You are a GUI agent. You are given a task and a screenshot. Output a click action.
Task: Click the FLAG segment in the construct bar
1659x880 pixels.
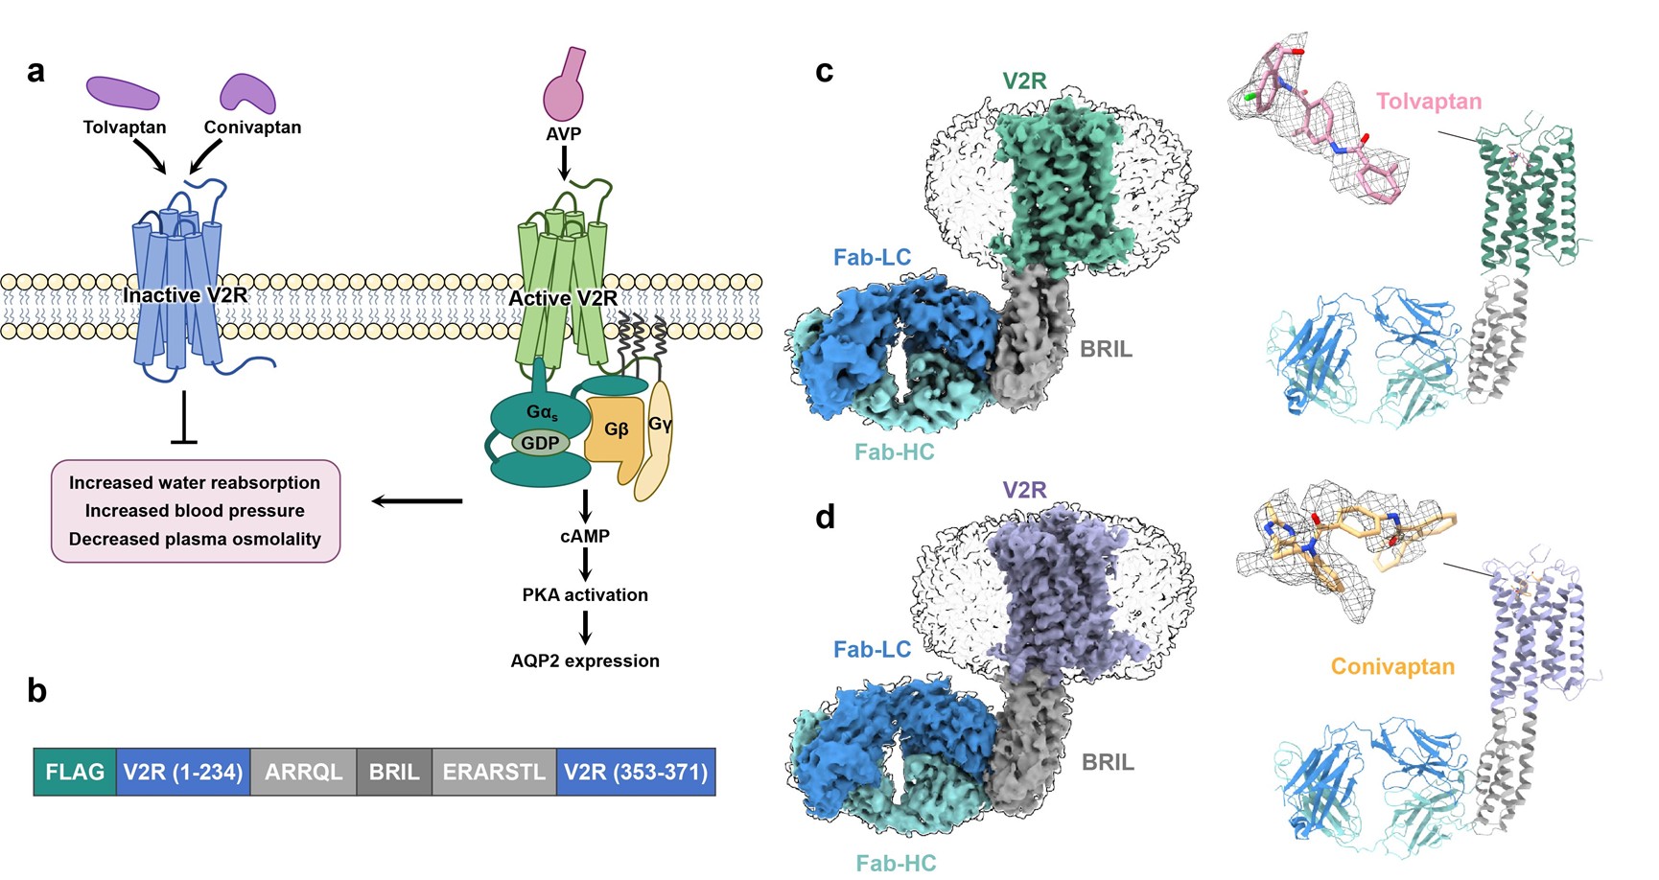75,772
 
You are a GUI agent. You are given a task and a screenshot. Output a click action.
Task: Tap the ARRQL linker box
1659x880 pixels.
303,772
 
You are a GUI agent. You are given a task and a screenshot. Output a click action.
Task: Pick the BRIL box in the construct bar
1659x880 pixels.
394,772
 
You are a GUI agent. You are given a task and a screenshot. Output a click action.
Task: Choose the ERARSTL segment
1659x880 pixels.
494,772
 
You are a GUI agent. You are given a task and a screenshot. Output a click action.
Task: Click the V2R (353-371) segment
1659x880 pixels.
636,772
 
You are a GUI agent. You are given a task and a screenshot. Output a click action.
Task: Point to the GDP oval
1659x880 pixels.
541,443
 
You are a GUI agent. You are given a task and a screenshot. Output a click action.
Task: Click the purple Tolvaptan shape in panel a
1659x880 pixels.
123,93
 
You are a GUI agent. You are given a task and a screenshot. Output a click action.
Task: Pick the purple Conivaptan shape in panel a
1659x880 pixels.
248,94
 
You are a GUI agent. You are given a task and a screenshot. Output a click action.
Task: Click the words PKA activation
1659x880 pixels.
585,594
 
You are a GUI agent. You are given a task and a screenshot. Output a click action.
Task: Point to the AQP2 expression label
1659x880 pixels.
585,660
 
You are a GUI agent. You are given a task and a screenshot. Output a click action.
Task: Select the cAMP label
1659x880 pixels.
585,536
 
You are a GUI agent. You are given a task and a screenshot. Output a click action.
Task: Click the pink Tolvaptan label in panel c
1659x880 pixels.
1428,102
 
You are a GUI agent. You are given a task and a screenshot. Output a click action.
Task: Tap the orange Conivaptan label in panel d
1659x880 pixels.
1392,666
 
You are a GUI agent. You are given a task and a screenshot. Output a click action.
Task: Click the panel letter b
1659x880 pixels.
36,690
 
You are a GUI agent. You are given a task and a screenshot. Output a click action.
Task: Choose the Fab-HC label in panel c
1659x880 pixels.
894,452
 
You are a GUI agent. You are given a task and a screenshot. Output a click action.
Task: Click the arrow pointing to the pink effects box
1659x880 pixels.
417,500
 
